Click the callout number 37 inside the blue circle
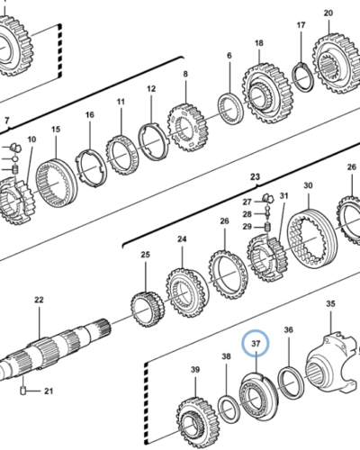point(256,343)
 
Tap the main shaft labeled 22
point(54,348)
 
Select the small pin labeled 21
point(23,391)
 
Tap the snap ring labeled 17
point(303,76)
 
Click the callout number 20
point(328,13)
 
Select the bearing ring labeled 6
point(230,108)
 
